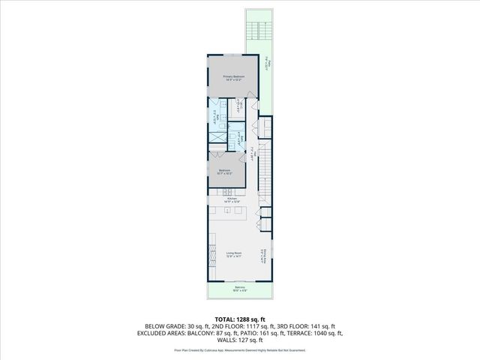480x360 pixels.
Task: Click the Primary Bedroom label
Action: click(x=233, y=78)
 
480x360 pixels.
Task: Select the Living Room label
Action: click(x=233, y=254)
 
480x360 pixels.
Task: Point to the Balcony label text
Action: click(x=239, y=289)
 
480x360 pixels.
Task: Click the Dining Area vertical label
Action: click(x=262, y=257)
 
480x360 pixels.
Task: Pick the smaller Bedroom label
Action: click(x=224, y=172)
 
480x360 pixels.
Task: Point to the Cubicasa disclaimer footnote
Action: click(x=239, y=349)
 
